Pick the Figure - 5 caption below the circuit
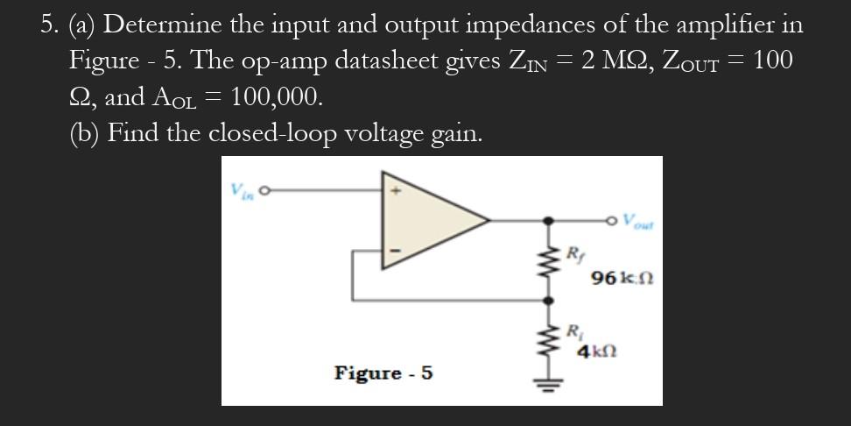click(383, 373)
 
